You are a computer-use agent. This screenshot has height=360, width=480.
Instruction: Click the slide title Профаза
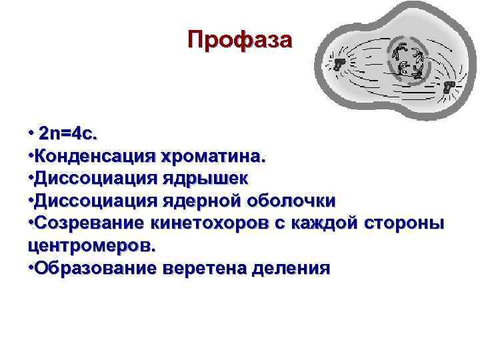click(239, 40)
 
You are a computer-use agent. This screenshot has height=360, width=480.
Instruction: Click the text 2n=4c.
click(68, 133)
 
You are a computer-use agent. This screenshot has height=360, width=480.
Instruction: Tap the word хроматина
click(211, 156)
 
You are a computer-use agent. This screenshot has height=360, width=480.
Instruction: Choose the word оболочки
click(293, 201)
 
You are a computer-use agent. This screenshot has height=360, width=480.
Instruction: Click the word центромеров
click(91, 245)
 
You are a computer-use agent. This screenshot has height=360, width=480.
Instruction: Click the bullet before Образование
click(31, 268)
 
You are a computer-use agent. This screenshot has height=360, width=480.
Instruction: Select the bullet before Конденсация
click(31, 156)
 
